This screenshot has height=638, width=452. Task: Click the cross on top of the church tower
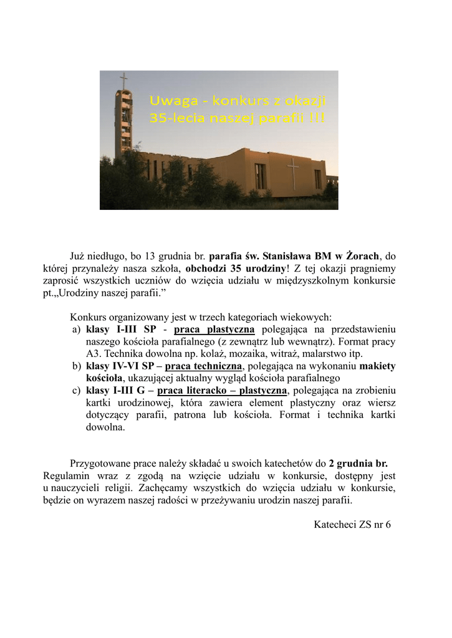point(123,81)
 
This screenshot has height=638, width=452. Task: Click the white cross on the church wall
point(292,173)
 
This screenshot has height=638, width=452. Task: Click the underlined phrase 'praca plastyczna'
point(214,330)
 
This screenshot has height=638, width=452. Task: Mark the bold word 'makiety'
point(377,366)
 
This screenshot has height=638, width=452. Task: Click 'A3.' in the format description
point(94,354)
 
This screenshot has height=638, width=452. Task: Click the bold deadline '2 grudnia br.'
point(358,464)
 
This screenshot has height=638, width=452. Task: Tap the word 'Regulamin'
point(67,476)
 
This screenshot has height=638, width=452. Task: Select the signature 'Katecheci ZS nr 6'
point(352,525)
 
